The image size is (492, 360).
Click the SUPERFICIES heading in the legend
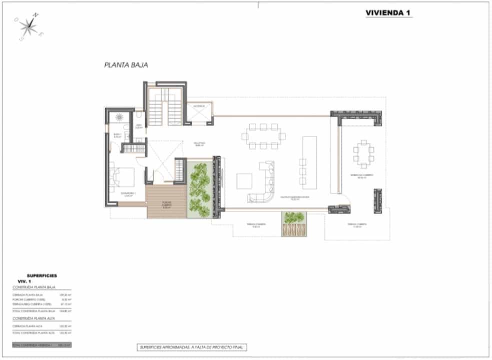coord(42,275)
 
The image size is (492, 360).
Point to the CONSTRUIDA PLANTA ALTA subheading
coord(34,318)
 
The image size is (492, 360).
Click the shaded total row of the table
coord(42,345)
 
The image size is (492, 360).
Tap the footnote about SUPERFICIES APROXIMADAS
coord(193,347)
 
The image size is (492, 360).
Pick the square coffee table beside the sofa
coord(245,180)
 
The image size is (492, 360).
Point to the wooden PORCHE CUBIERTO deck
coord(166,200)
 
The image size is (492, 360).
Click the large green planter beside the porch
coord(200,189)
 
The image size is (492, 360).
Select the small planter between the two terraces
coord(294,223)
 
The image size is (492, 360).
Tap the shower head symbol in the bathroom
coord(120,117)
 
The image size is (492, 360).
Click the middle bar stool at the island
coord(303,171)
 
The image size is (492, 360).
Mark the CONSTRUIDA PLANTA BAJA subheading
coord(34,288)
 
